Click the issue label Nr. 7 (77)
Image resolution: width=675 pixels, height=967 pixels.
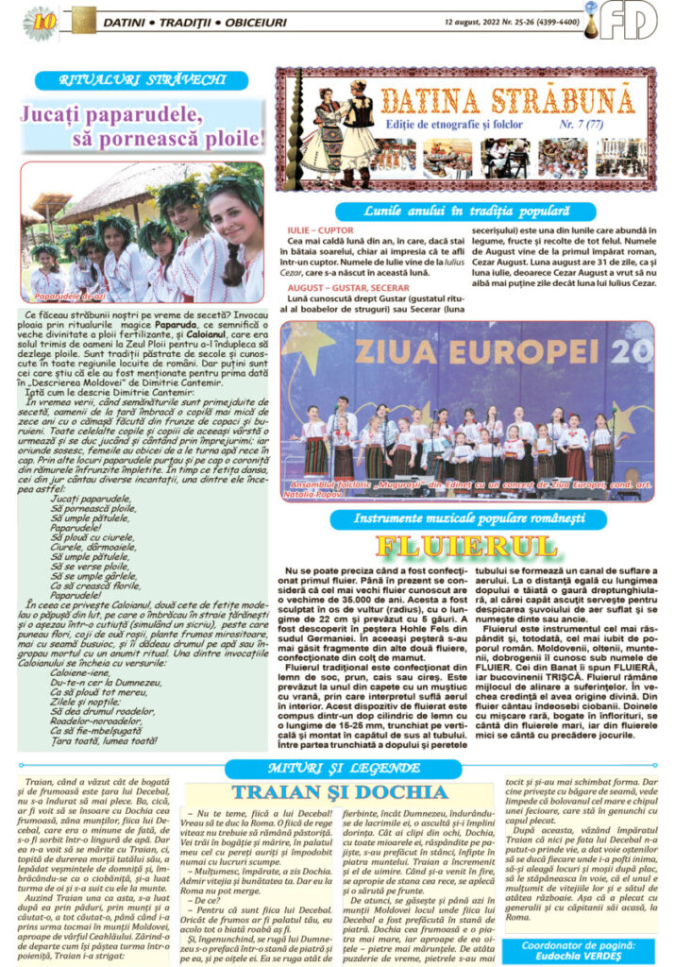point(606,123)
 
